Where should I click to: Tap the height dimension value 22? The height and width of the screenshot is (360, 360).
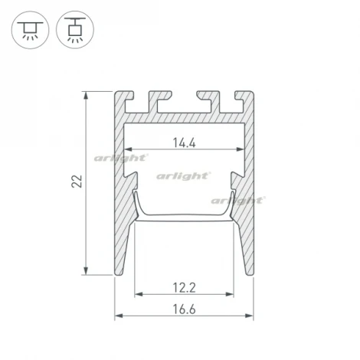[75, 182]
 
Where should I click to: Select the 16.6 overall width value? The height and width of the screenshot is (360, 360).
[185, 309]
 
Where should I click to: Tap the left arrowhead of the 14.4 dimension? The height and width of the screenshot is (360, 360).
[128, 149]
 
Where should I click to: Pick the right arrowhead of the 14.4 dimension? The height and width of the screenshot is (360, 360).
[241, 149]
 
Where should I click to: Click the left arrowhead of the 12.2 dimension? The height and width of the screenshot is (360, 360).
[139, 295]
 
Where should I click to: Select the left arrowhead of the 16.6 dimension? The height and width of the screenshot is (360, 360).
[119, 316]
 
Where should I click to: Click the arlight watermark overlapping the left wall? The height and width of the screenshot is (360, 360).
[120, 158]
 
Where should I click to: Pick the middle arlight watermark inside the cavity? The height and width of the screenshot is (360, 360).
[183, 176]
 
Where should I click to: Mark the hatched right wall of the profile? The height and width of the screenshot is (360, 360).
[247, 230]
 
